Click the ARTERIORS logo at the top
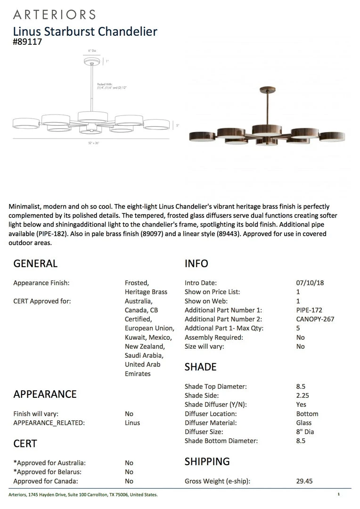click(54, 15)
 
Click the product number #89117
click(28, 41)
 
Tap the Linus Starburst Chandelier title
click(85, 32)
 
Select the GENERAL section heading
click(35, 263)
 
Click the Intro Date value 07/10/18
click(310, 283)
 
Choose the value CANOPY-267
click(315, 319)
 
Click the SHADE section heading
click(201, 367)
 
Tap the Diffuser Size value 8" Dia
click(305, 432)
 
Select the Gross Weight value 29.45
click(304, 481)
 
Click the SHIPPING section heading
click(207, 461)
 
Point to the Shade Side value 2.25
click(303, 395)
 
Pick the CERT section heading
click(25, 443)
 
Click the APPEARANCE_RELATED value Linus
click(132, 423)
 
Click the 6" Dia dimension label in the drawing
click(92, 50)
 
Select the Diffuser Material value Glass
click(304, 423)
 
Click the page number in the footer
click(338, 494)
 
